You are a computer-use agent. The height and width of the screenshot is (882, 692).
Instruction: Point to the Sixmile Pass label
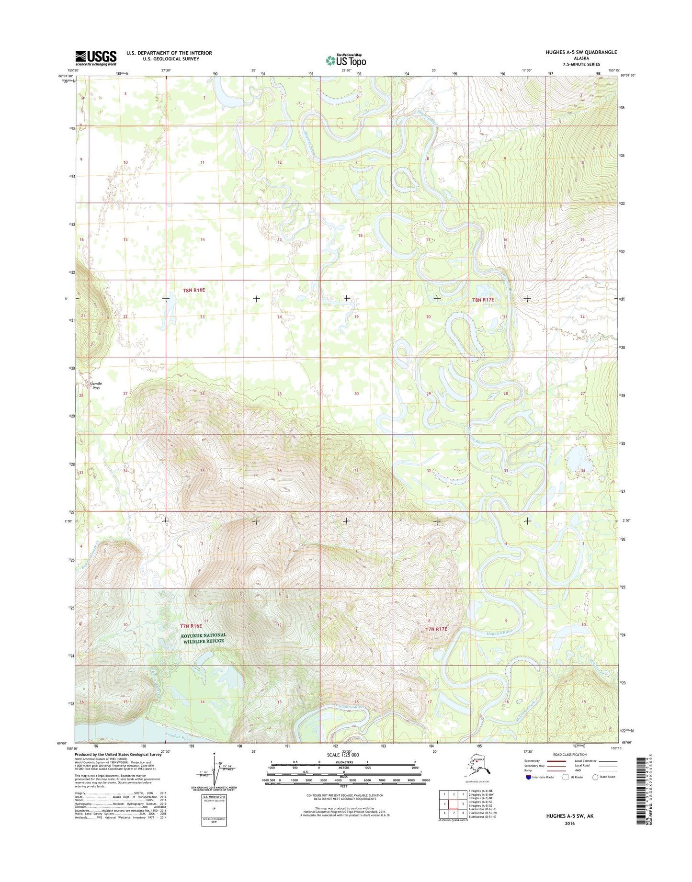[x=96, y=386]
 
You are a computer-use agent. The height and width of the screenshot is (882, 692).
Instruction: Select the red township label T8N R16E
[x=193, y=290]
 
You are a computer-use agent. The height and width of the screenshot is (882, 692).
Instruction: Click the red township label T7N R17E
[x=436, y=629]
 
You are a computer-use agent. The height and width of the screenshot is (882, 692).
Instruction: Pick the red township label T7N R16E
[x=191, y=626]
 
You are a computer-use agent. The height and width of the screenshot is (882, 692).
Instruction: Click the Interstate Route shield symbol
[x=528, y=777]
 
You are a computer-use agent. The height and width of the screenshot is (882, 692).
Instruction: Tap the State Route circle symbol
[x=595, y=777]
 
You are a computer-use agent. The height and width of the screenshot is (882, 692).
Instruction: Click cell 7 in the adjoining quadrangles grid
[x=454, y=813]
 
